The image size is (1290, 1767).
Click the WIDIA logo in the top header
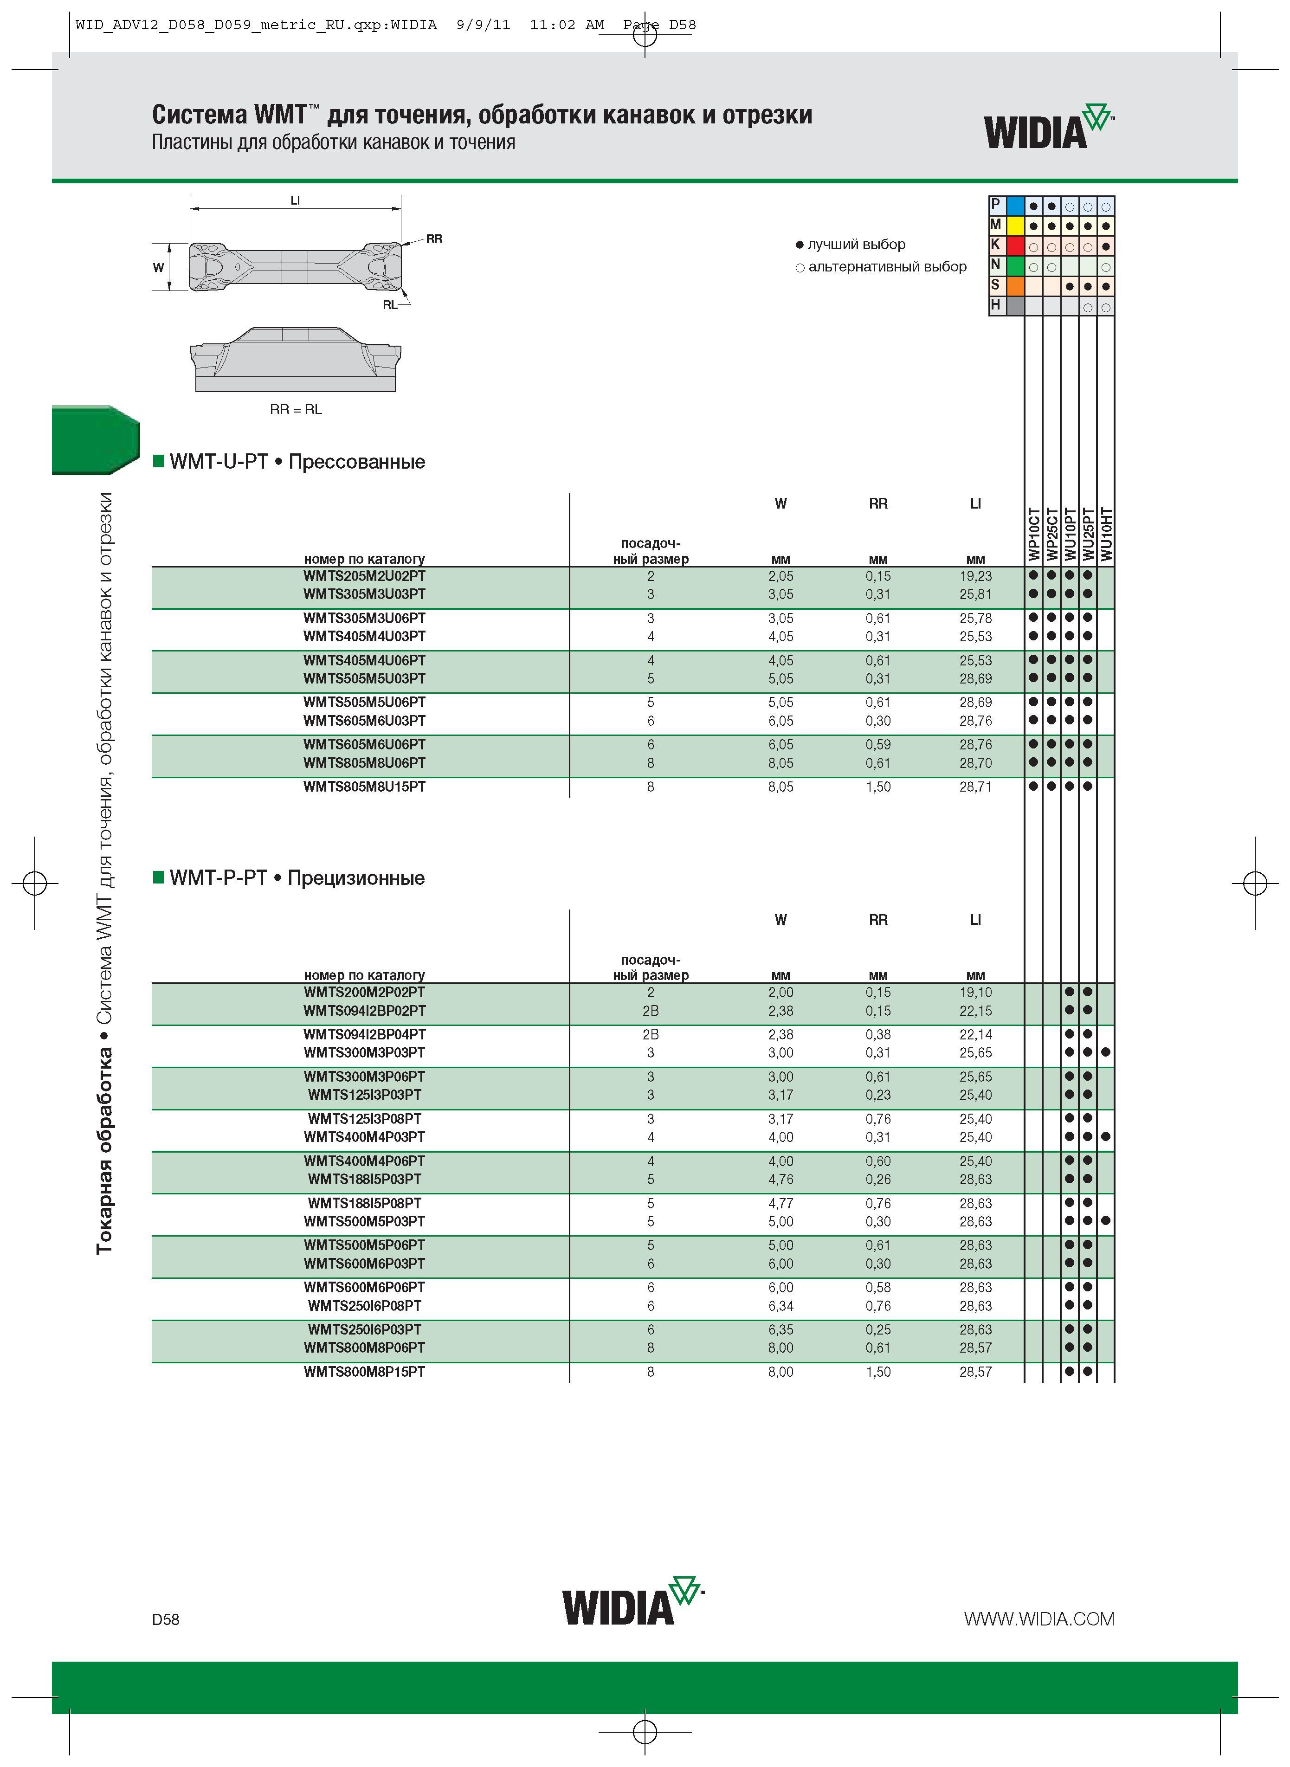[1049, 127]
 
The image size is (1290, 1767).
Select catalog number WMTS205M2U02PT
[365, 576]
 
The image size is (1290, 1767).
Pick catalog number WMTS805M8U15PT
[365, 787]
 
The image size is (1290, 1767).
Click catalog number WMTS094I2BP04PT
[365, 1035]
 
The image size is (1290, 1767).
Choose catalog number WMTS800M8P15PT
[365, 1372]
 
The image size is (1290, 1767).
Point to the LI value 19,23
[975, 576]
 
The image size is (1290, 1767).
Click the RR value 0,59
[877, 745]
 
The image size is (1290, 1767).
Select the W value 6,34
[780, 1306]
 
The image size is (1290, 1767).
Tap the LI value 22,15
[975, 1011]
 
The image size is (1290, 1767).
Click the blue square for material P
[1015, 206]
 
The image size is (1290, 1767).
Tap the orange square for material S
[1015, 286]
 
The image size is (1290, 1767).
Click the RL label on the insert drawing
[390, 305]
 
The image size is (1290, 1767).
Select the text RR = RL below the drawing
[296, 410]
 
